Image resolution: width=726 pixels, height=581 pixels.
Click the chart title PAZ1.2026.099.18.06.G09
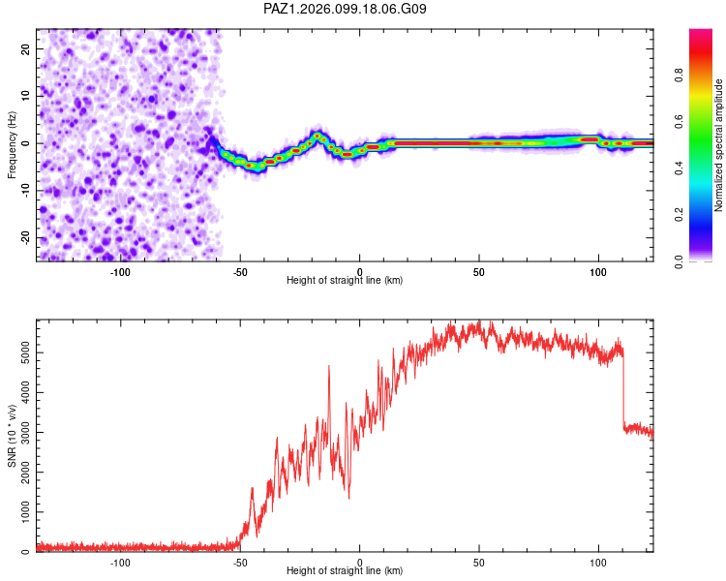coord(345,9)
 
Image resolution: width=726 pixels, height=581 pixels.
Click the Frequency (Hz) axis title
coord(12,145)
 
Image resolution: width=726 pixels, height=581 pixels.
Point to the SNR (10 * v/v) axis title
coord(12,436)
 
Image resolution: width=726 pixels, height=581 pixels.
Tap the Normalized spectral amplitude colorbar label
coord(718,145)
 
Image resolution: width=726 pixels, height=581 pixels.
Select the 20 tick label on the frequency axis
coord(25,48)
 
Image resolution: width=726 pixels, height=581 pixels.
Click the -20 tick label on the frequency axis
coord(25,237)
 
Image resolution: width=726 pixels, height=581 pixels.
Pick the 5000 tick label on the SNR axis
coord(25,353)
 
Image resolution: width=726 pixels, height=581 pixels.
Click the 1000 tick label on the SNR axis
coord(25,512)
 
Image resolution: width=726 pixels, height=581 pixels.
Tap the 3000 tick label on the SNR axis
coord(25,432)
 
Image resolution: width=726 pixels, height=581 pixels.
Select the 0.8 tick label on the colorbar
coord(679,75)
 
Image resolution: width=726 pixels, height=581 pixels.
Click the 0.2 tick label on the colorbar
coord(679,215)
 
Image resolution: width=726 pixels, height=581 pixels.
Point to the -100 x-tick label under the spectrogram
coord(120,272)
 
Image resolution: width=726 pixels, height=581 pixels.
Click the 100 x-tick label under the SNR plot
coord(598,563)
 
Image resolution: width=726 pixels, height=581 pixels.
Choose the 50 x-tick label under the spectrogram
coord(479,272)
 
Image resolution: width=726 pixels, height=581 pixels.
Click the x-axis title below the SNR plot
coord(345,570)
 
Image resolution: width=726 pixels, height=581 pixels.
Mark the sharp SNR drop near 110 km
coord(623,389)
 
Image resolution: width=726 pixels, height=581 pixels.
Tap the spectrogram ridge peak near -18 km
coord(318,136)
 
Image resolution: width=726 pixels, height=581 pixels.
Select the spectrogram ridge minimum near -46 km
coord(250,165)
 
